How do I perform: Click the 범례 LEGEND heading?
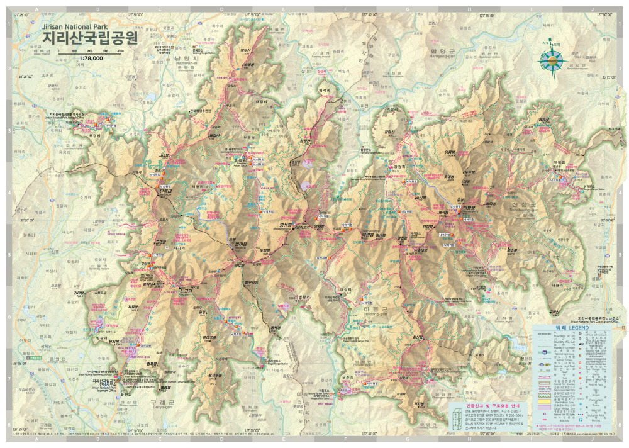[x=570, y=328]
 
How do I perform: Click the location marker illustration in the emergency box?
[x=459, y=417]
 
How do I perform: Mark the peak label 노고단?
[x=186, y=291]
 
